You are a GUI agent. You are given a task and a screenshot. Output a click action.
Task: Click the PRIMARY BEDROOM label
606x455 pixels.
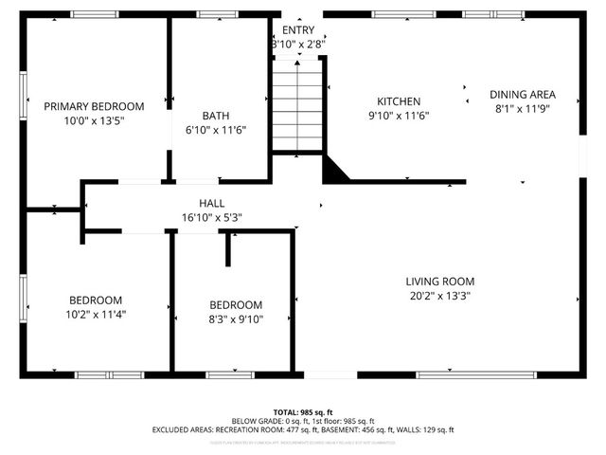pos(94,106)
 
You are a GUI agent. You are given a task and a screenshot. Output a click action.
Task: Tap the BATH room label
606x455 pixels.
pos(216,116)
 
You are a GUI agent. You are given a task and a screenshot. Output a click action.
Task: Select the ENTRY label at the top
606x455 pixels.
pos(298,30)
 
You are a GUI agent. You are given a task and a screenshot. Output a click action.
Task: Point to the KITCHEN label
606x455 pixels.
pos(399,101)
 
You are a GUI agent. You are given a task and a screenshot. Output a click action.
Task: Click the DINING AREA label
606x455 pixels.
pos(522,95)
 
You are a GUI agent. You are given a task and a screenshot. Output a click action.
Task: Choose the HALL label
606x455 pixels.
pos(211,203)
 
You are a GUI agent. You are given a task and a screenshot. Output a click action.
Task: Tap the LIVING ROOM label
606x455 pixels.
pos(439,282)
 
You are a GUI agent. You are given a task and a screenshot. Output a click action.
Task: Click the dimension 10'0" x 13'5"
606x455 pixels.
pos(94,120)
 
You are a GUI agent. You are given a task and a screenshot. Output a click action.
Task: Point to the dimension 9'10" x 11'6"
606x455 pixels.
pos(399,115)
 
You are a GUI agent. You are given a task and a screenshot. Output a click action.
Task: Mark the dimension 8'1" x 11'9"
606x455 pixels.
pos(522,108)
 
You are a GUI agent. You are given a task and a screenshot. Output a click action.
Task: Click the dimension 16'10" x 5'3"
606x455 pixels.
pos(211,217)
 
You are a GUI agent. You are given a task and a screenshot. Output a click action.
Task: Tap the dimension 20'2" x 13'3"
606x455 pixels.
pos(439,295)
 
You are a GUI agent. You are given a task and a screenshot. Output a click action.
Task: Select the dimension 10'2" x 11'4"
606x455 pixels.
pos(95,314)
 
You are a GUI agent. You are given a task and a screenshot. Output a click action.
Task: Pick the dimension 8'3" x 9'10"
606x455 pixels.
pos(236,318)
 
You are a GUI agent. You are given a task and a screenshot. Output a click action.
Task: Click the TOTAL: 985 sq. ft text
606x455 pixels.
pos(302,412)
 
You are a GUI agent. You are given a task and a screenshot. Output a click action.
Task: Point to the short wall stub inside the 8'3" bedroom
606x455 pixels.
pos(228,248)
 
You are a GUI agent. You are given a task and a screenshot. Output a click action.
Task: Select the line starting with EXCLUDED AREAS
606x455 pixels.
pos(302,429)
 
